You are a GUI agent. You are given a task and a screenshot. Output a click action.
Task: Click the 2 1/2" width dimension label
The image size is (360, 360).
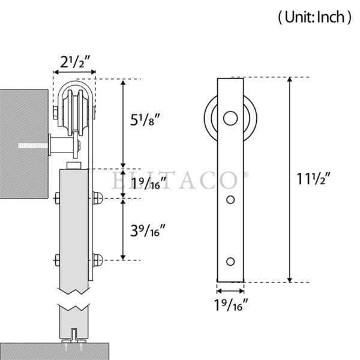click(x=74, y=62)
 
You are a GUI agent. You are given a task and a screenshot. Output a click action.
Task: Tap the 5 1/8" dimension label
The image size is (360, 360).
click(x=145, y=120)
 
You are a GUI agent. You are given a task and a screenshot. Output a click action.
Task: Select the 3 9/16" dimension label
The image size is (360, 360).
click(x=148, y=231)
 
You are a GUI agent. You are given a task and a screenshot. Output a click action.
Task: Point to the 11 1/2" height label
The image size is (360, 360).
click(x=314, y=179)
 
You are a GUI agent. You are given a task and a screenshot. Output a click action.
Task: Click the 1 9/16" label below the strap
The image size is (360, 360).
click(x=231, y=305)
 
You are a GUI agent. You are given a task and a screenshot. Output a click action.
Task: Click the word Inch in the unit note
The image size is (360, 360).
click(x=331, y=17)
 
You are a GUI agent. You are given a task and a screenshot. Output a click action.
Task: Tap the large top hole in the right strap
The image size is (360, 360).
click(x=230, y=118)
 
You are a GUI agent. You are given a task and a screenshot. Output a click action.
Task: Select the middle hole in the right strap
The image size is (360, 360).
click(x=230, y=200)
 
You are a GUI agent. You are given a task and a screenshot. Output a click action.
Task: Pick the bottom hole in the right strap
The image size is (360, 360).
click(x=230, y=262)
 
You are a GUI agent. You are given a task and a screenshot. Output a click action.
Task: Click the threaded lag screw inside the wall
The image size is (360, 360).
click(x=33, y=146)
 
